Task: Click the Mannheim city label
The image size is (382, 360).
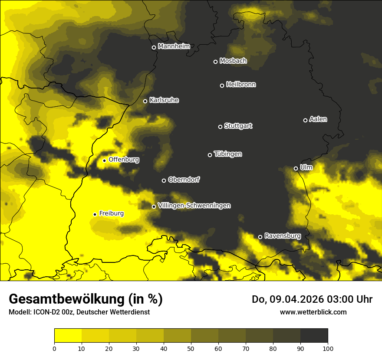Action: point(174,46)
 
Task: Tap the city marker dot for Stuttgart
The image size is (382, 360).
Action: point(220,127)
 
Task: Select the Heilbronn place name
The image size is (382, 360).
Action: point(241,85)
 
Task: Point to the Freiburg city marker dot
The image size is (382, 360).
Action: point(95,214)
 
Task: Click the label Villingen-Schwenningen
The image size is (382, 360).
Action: point(194,206)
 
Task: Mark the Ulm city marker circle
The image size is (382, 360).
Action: point(296,168)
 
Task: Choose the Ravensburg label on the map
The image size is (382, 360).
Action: point(282,236)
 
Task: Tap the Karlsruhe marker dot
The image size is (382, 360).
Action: point(145,101)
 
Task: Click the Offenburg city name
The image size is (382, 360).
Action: point(124,160)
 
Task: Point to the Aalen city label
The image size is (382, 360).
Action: point(318,119)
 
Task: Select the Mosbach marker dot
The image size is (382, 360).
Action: point(215,62)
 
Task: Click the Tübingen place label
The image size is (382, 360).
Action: point(228,154)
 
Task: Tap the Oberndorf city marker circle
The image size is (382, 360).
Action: point(164,180)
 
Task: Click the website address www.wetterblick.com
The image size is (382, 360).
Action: point(313,312)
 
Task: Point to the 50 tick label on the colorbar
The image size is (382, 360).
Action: point(191,348)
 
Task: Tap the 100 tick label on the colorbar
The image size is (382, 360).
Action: point(327,348)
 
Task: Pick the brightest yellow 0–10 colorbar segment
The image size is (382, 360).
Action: point(68,336)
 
